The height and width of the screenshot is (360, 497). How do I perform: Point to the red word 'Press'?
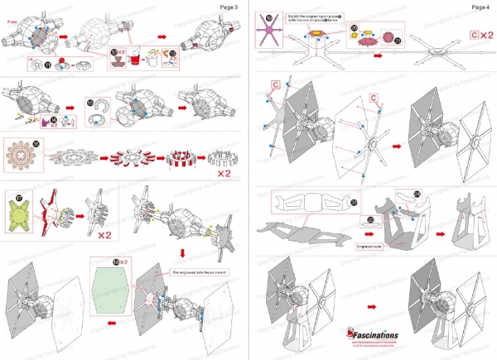coord(12,25)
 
